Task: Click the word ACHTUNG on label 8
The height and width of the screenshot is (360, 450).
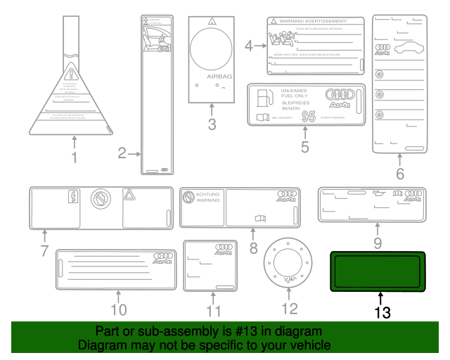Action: point(207,193)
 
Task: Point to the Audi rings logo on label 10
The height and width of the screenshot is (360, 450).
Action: point(163,257)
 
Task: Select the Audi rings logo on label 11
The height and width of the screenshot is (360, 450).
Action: point(224,249)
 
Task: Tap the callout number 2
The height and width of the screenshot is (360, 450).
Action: point(122,153)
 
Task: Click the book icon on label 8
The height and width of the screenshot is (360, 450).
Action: point(261,219)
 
